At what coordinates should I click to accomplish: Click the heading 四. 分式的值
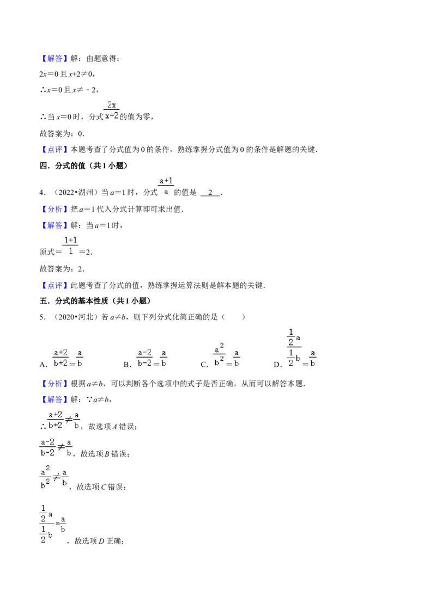pos(62,166)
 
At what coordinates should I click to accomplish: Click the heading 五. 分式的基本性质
pos(74,301)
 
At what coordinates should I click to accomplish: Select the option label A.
pos(43,365)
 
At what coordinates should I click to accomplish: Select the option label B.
pos(127,365)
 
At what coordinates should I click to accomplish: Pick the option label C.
pos(204,365)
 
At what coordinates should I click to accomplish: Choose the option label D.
pos(278,365)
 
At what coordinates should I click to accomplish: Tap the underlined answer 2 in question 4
pos(210,193)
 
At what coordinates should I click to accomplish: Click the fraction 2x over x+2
pos(112,110)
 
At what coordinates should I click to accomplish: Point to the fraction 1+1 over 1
pos(70,246)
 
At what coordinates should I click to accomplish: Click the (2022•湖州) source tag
pos(74,193)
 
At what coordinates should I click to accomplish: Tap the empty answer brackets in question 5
pos(233,317)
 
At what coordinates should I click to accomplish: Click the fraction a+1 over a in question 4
pos(166,187)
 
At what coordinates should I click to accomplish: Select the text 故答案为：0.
pos(62,133)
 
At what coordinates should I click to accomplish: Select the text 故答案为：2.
pos(62,269)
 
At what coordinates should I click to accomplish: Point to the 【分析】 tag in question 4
pos(54,209)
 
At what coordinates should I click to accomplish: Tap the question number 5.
pos(43,317)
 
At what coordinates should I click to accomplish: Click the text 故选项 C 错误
pos(100,487)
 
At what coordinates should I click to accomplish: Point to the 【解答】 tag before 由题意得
pos(54,59)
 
